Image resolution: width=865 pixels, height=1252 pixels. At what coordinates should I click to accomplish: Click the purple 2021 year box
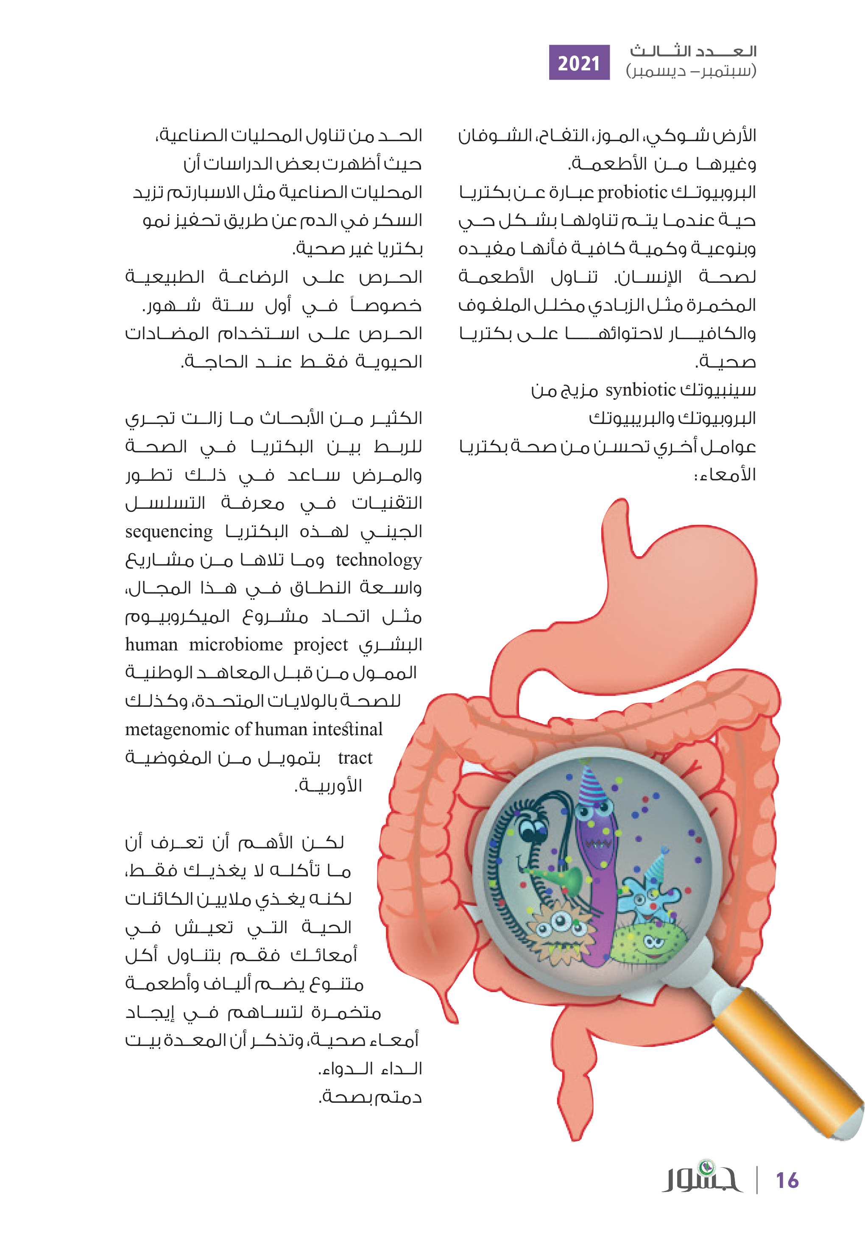point(579,62)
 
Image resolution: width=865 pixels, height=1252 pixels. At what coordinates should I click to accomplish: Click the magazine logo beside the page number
point(702,1177)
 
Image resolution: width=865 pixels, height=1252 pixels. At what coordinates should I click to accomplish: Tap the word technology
point(378,560)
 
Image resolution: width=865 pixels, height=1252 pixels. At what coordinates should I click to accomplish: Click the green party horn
point(564,878)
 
